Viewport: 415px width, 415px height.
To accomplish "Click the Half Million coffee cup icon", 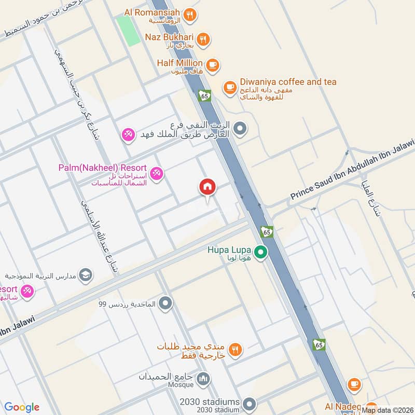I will (x=212, y=65).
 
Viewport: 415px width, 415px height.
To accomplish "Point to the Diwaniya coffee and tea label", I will (x=288, y=82).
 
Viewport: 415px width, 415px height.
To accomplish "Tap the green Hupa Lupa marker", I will (x=261, y=253).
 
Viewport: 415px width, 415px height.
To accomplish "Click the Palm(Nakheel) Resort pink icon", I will (x=156, y=173).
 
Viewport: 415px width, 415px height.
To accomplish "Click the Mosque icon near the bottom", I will (x=203, y=380).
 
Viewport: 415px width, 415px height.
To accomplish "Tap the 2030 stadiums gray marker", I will (x=250, y=404).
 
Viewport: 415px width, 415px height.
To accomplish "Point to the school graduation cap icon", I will (x=86, y=274).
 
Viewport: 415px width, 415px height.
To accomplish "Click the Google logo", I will (x=22, y=407).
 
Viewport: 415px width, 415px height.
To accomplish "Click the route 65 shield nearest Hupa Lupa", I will (x=267, y=232).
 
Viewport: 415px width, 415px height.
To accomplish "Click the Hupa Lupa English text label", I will (x=230, y=250).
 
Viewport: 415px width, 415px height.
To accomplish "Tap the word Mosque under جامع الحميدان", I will (x=180, y=385).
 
